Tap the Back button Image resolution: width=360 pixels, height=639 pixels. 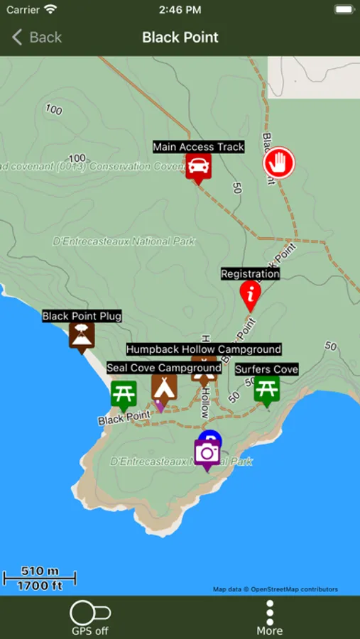pos(37,37)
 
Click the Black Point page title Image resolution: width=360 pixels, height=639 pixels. pos(180,37)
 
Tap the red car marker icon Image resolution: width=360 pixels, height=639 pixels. pos(199,168)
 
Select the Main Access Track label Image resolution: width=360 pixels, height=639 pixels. pos(199,147)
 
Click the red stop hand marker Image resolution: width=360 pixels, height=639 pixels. pos(279,163)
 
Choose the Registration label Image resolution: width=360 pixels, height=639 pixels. pos(250,274)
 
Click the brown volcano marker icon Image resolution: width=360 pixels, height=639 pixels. pos(82,335)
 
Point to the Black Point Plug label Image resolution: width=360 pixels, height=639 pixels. pos(82,316)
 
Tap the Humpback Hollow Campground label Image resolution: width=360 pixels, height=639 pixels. pos(204,349)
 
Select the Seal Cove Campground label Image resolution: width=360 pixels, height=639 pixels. pos(164,368)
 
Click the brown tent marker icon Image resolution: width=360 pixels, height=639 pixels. pos(164,388)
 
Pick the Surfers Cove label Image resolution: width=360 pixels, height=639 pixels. pos(267,369)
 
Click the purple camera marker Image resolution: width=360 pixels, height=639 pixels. pos(207,452)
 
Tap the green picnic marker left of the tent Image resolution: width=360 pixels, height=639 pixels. pos(124,394)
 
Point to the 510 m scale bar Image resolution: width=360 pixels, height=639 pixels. pos(40,578)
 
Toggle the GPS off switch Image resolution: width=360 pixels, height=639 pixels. pos(90,613)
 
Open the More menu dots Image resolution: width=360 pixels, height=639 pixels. pos(270,611)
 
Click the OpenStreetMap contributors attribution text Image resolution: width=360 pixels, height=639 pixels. pos(276,589)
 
